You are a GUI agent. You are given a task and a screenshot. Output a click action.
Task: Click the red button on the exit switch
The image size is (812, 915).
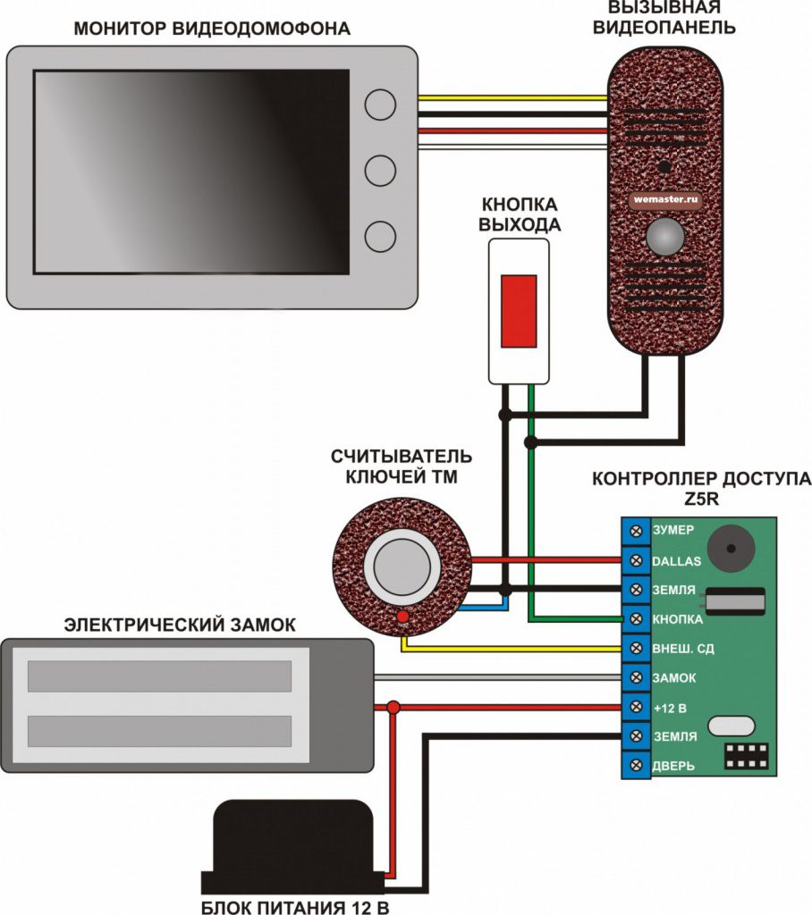click(519, 311)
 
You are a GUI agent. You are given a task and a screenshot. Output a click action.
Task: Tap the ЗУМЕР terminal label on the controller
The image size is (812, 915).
click(673, 530)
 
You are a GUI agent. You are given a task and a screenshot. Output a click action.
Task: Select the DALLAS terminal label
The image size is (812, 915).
click(675, 560)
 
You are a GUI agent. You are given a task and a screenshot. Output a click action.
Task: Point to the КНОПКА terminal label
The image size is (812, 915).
click(678, 618)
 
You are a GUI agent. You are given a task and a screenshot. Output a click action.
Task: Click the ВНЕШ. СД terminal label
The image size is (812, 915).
click(684, 648)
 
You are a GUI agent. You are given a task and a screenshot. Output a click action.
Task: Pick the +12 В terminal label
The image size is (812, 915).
click(671, 707)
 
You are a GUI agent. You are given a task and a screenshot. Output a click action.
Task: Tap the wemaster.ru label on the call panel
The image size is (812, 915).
click(664, 200)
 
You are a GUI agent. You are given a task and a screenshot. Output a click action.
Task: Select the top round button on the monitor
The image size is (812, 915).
click(381, 105)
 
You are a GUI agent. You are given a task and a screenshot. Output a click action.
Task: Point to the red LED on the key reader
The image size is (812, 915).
click(403, 617)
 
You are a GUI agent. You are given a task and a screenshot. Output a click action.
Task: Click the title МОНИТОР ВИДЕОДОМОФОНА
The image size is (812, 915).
click(212, 29)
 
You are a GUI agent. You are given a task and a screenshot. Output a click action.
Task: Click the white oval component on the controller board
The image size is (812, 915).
click(732, 725)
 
